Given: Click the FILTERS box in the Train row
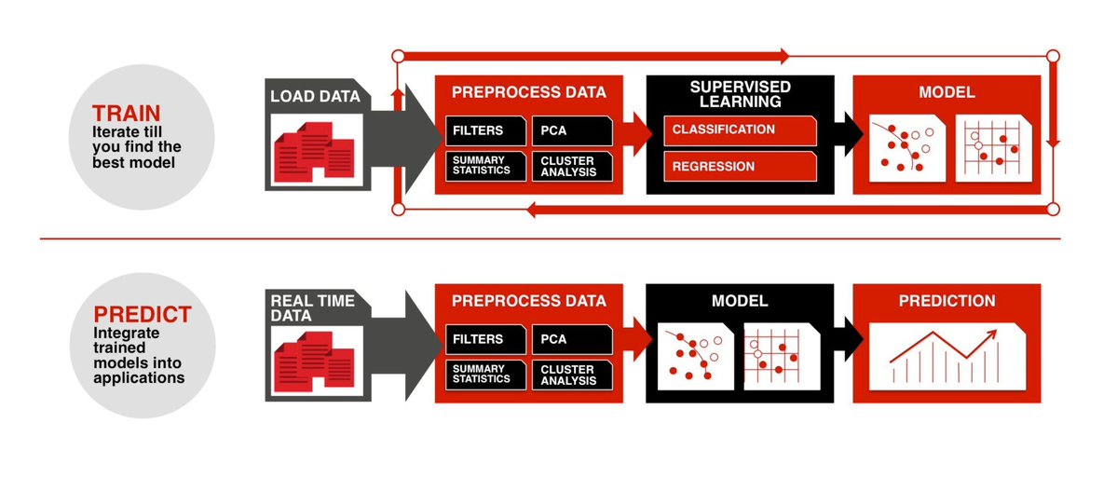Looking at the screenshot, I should [x=479, y=130].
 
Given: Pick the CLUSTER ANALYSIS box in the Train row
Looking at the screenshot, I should [x=570, y=166].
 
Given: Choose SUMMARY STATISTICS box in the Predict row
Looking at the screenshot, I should [x=481, y=375].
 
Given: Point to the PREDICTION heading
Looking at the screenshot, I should [x=947, y=301].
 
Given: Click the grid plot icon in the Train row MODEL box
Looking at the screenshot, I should [x=993, y=147].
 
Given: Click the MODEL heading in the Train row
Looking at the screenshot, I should [x=947, y=92].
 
